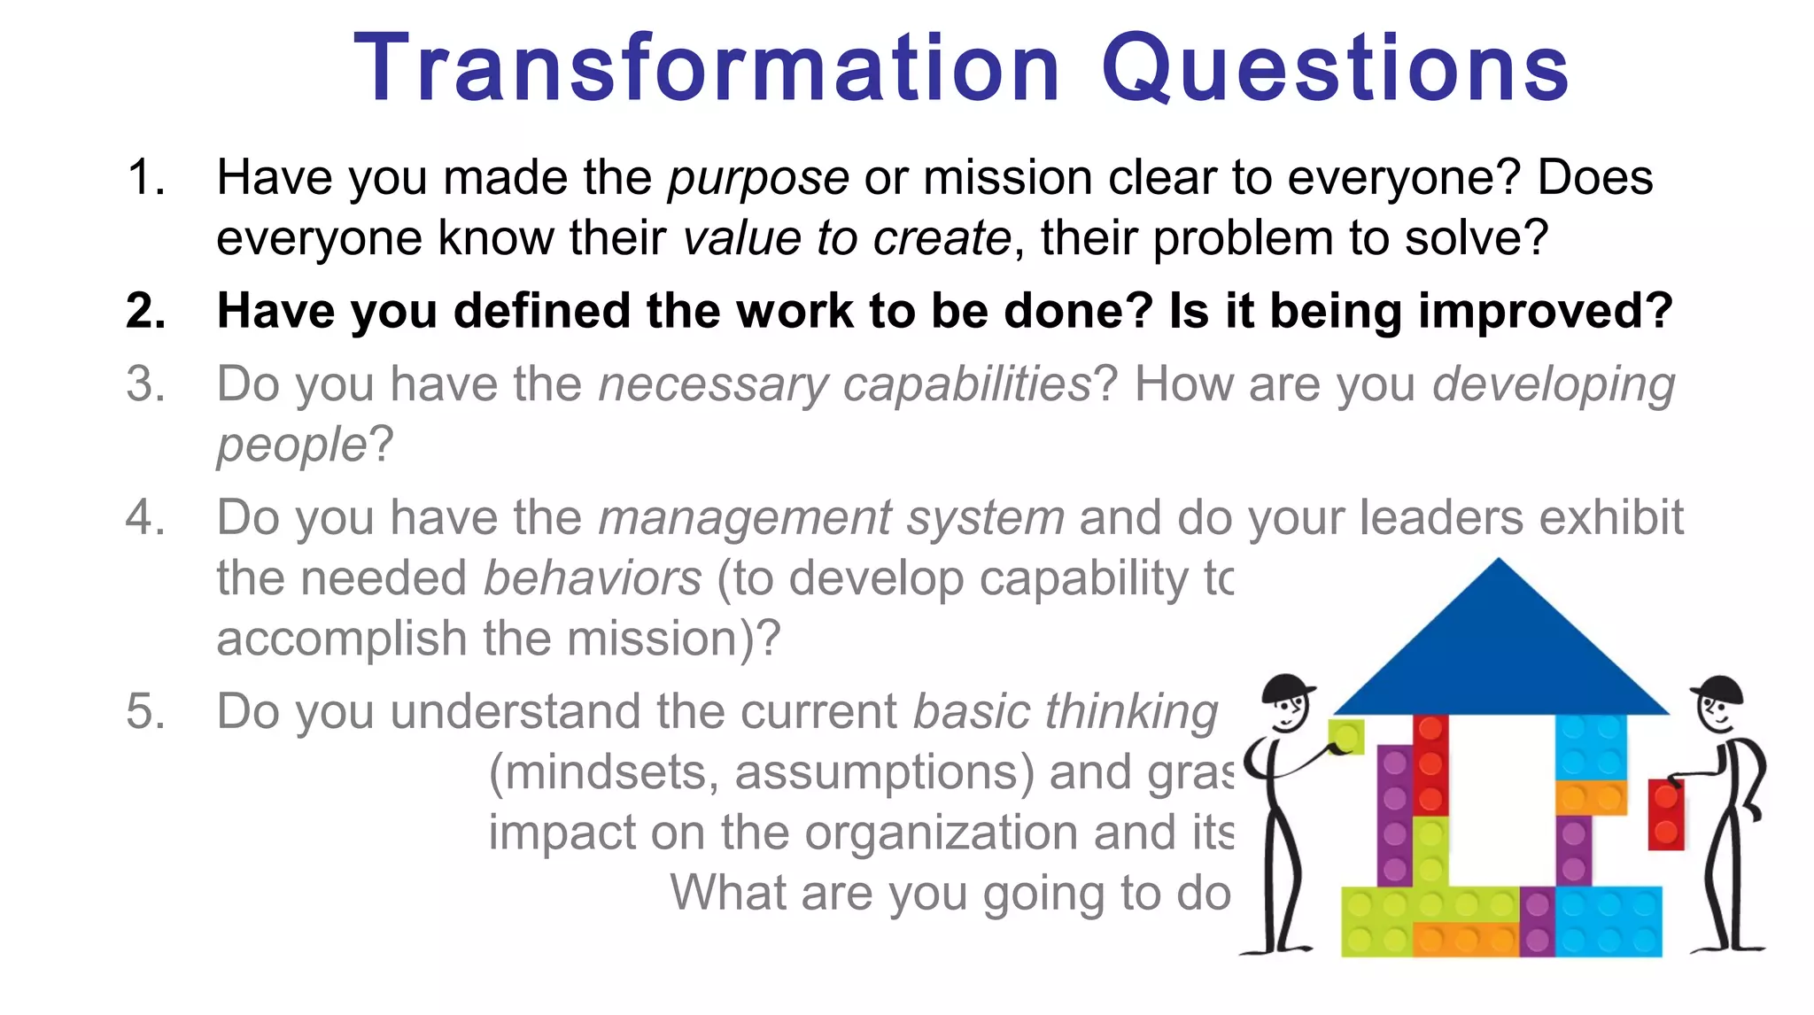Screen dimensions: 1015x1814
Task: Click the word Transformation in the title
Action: coord(706,69)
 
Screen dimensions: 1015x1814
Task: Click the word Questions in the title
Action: coord(1335,69)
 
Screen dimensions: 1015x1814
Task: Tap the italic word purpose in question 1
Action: coord(758,179)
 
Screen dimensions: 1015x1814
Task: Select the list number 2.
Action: coord(145,312)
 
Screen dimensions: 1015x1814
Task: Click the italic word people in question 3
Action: coord(291,446)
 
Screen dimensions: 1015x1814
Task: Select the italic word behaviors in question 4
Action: coord(593,579)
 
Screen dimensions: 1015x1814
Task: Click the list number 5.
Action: coord(145,712)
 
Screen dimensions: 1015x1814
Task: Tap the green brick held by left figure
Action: coord(1345,737)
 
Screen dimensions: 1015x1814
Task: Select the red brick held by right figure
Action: coord(1665,814)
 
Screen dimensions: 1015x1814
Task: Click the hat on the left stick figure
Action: coord(1286,687)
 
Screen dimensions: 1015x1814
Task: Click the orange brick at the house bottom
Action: coord(1466,939)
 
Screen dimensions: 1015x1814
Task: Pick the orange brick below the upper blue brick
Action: coord(1591,797)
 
